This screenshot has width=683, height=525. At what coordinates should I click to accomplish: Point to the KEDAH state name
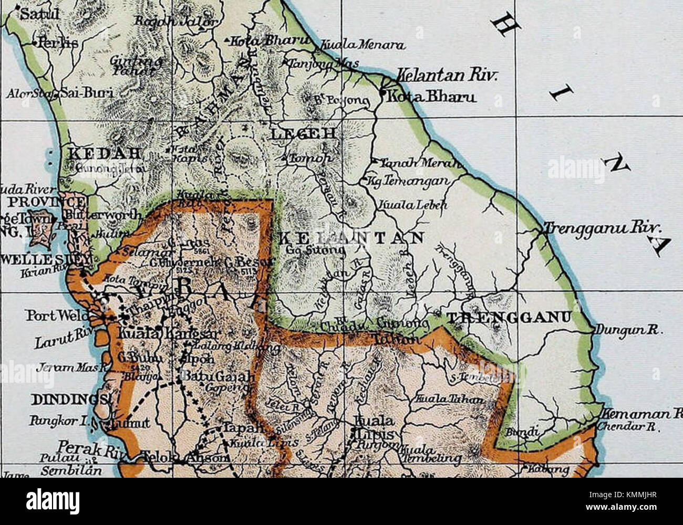tap(102, 154)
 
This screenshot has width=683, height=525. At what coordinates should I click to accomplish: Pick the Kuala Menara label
tap(363, 46)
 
